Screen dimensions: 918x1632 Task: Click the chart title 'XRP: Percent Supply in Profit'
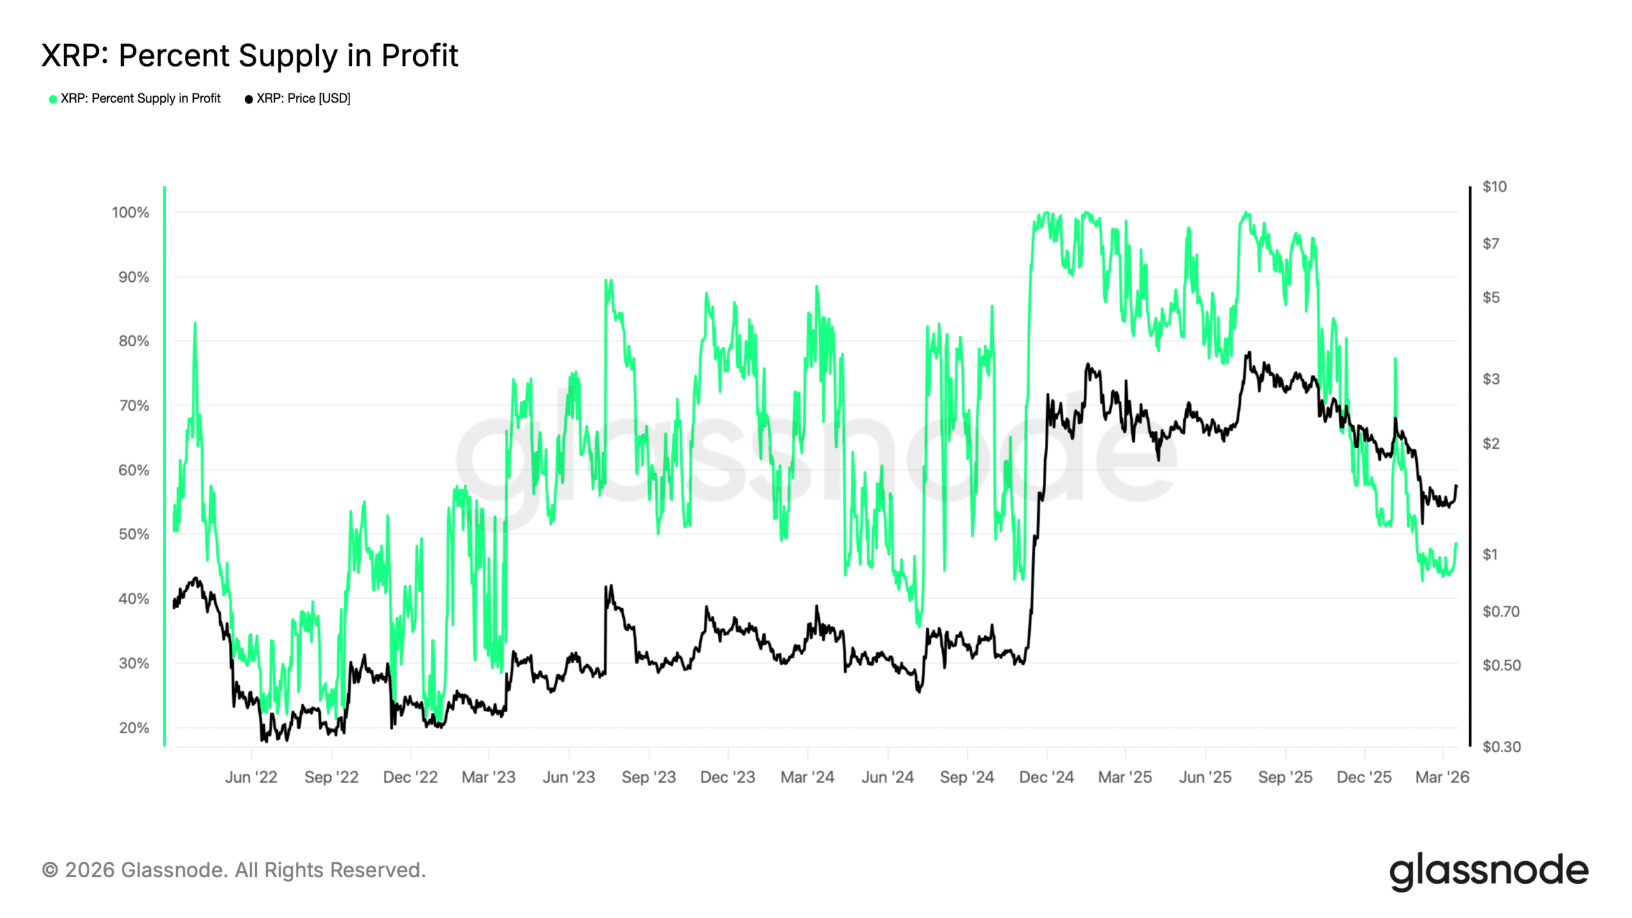point(249,55)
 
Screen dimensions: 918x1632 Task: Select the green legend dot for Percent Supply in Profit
point(53,99)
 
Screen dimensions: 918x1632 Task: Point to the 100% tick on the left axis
point(131,212)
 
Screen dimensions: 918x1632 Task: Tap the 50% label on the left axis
point(134,534)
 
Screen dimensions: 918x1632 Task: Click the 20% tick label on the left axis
point(134,727)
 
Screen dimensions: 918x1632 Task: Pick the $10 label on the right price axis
point(1494,187)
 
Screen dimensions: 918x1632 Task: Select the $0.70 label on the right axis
point(1501,612)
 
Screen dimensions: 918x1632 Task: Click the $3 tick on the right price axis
point(1490,379)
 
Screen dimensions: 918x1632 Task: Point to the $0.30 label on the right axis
point(1501,747)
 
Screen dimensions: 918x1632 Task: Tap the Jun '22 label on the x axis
point(251,777)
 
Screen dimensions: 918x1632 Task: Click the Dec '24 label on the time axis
point(1046,777)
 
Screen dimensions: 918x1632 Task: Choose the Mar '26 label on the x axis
point(1442,777)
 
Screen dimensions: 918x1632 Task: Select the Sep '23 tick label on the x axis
point(648,777)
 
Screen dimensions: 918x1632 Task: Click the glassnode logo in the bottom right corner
point(1489,871)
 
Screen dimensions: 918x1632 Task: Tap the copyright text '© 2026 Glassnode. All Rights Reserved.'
point(234,870)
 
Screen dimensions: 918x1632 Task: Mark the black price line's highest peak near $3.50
point(1249,352)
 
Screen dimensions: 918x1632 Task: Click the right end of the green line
point(1457,543)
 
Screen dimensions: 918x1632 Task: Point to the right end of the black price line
point(1457,486)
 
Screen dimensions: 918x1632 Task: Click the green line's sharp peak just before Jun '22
point(195,323)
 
